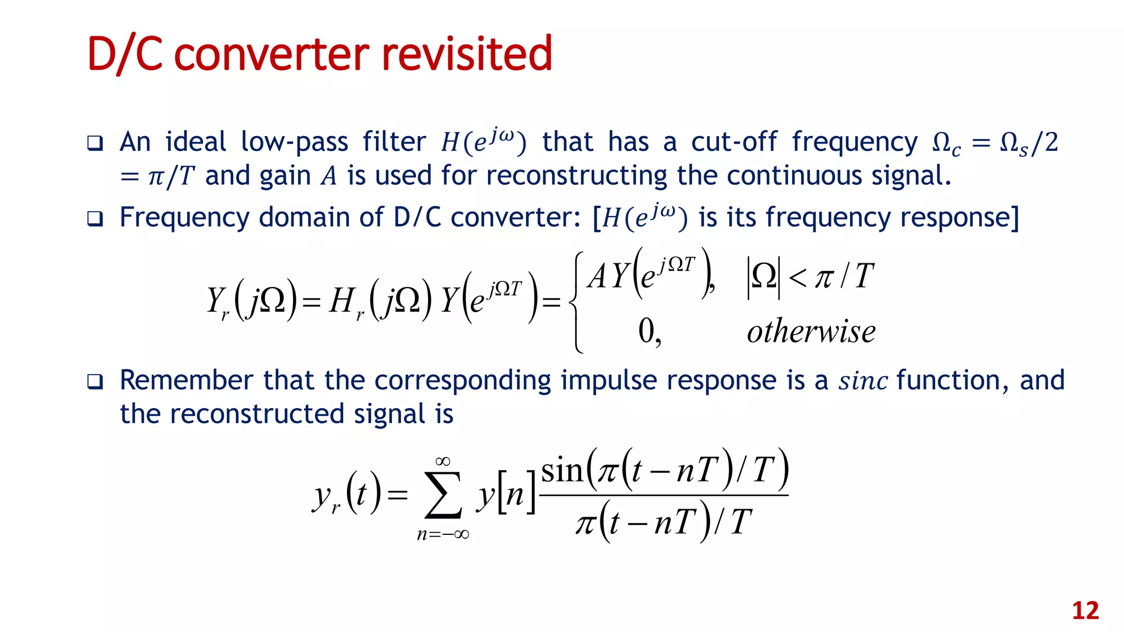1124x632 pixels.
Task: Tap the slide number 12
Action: pyautogui.click(x=1085, y=611)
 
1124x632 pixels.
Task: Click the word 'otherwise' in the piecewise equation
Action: pyautogui.click(x=811, y=331)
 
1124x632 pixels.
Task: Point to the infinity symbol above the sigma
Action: pyautogui.click(x=443, y=461)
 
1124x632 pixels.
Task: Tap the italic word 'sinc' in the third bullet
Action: pyautogui.click(x=863, y=381)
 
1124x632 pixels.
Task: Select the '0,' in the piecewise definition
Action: pyautogui.click(x=649, y=332)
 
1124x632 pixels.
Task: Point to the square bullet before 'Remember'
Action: pyautogui.click(x=95, y=381)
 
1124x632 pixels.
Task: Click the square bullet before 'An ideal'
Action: pyautogui.click(x=95, y=144)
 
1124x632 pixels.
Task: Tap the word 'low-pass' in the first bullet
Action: pyautogui.click(x=295, y=142)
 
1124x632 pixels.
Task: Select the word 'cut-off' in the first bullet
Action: pyautogui.click(x=734, y=142)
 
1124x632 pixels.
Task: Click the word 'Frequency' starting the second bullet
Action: pyautogui.click(x=184, y=217)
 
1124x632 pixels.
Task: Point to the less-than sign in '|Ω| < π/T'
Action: pyautogui.click(x=797, y=277)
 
